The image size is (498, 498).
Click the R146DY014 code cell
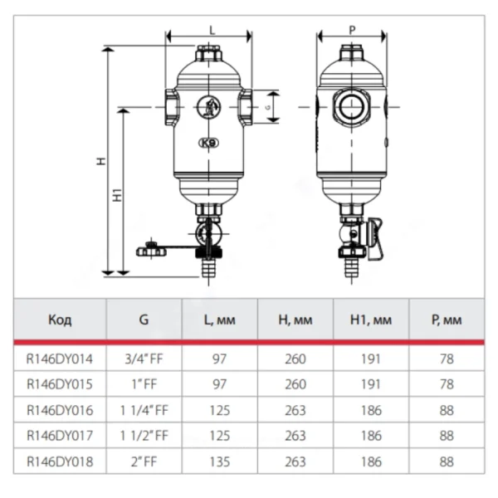[x=60, y=359]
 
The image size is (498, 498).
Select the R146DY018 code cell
[x=60, y=461]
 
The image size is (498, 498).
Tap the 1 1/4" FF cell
[x=144, y=410]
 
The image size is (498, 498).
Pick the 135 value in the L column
[x=219, y=461]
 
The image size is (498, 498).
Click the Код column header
[x=60, y=320]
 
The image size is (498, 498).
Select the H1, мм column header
[x=371, y=320]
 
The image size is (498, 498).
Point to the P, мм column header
[x=447, y=320]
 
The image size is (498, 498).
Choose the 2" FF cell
[x=144, y=461]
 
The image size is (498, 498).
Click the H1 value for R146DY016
[x=371, y=410]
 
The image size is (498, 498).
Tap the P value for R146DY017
[x=447, y=436]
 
